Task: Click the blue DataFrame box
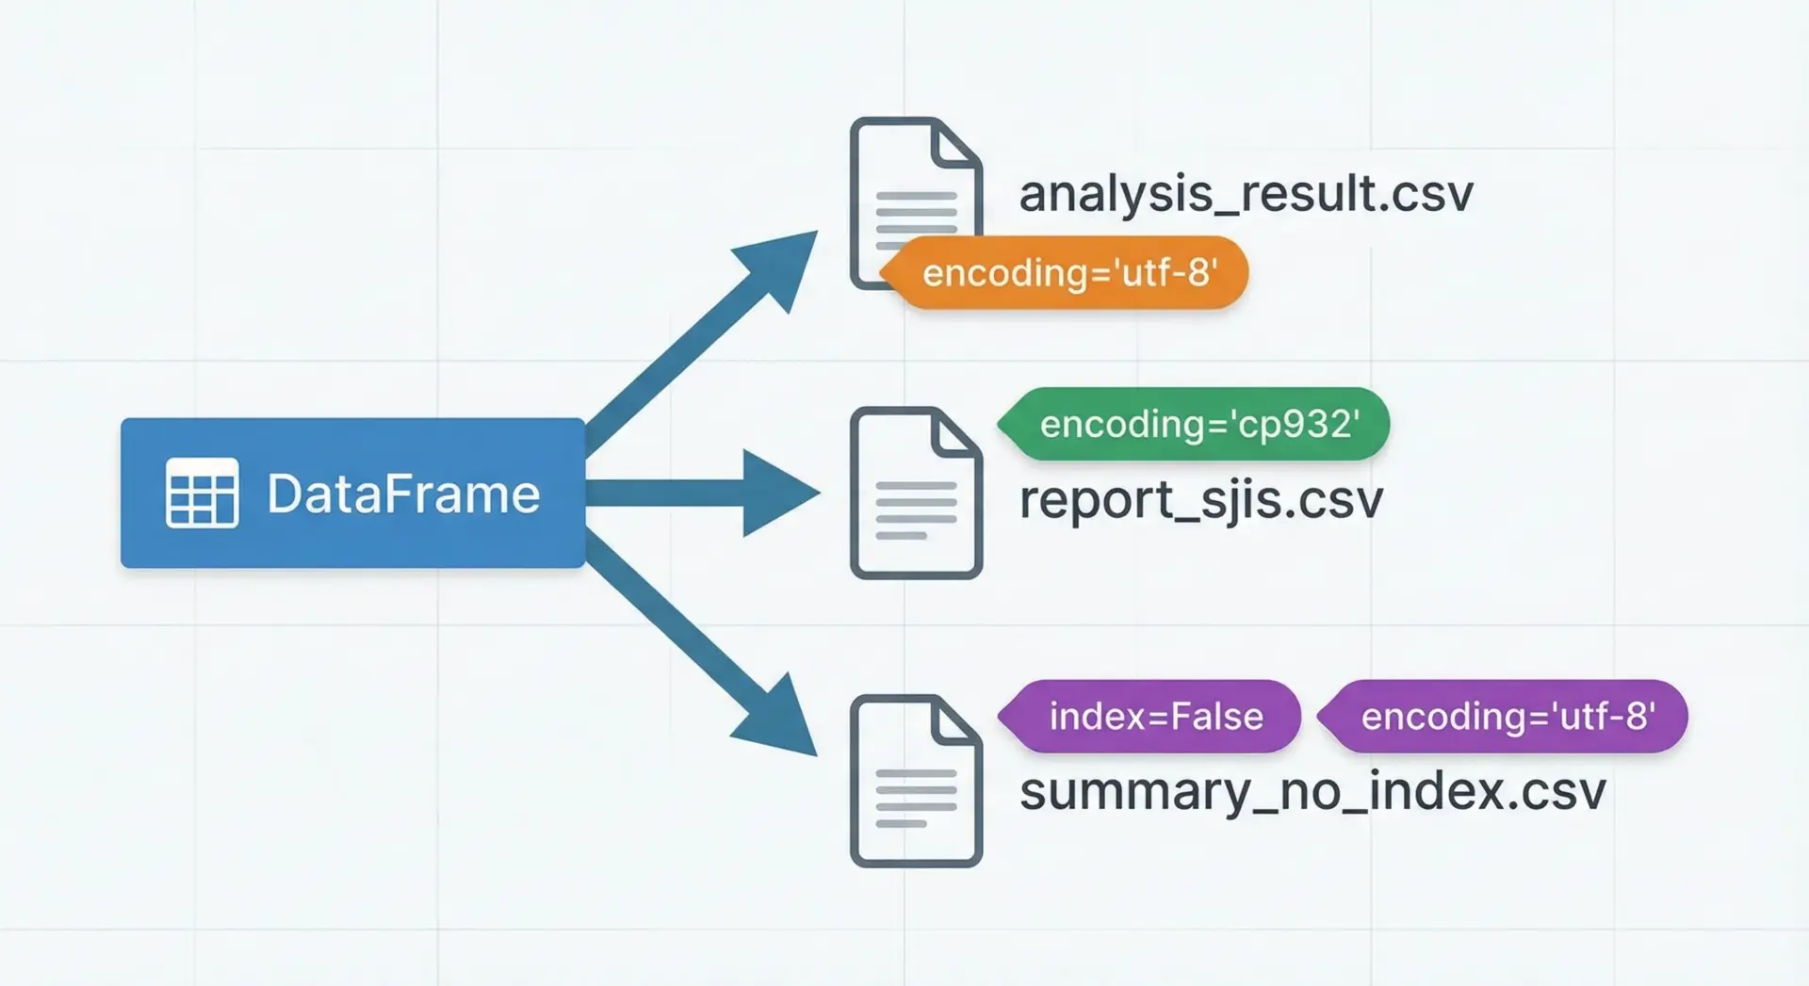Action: pyautogui.click(x=352, y=493)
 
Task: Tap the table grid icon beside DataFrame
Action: pyautogui.click(x=202, y=493)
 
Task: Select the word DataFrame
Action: pyautogui.click(x=403, y=493)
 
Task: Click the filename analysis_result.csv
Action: pyautogui.click(x=1246, y=194)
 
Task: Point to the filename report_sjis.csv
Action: pyautogui.click(x=1201, y=500)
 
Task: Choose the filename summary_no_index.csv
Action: pyautogui.click(x=1312, y=791)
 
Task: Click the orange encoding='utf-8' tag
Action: pyautogui.click(x=1069, y=273)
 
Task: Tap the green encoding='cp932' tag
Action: pyautogui.click(x=1198, y=425)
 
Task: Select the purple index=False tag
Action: pyautogui.click(x=1155, y=717)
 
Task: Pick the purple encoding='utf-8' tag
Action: pyautogui.click(x=1507, y=717)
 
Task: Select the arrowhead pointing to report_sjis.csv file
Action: pyautogui.click(x=777, y=493)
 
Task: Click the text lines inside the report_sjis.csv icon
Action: pyautogui.click(x=915, y=509)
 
